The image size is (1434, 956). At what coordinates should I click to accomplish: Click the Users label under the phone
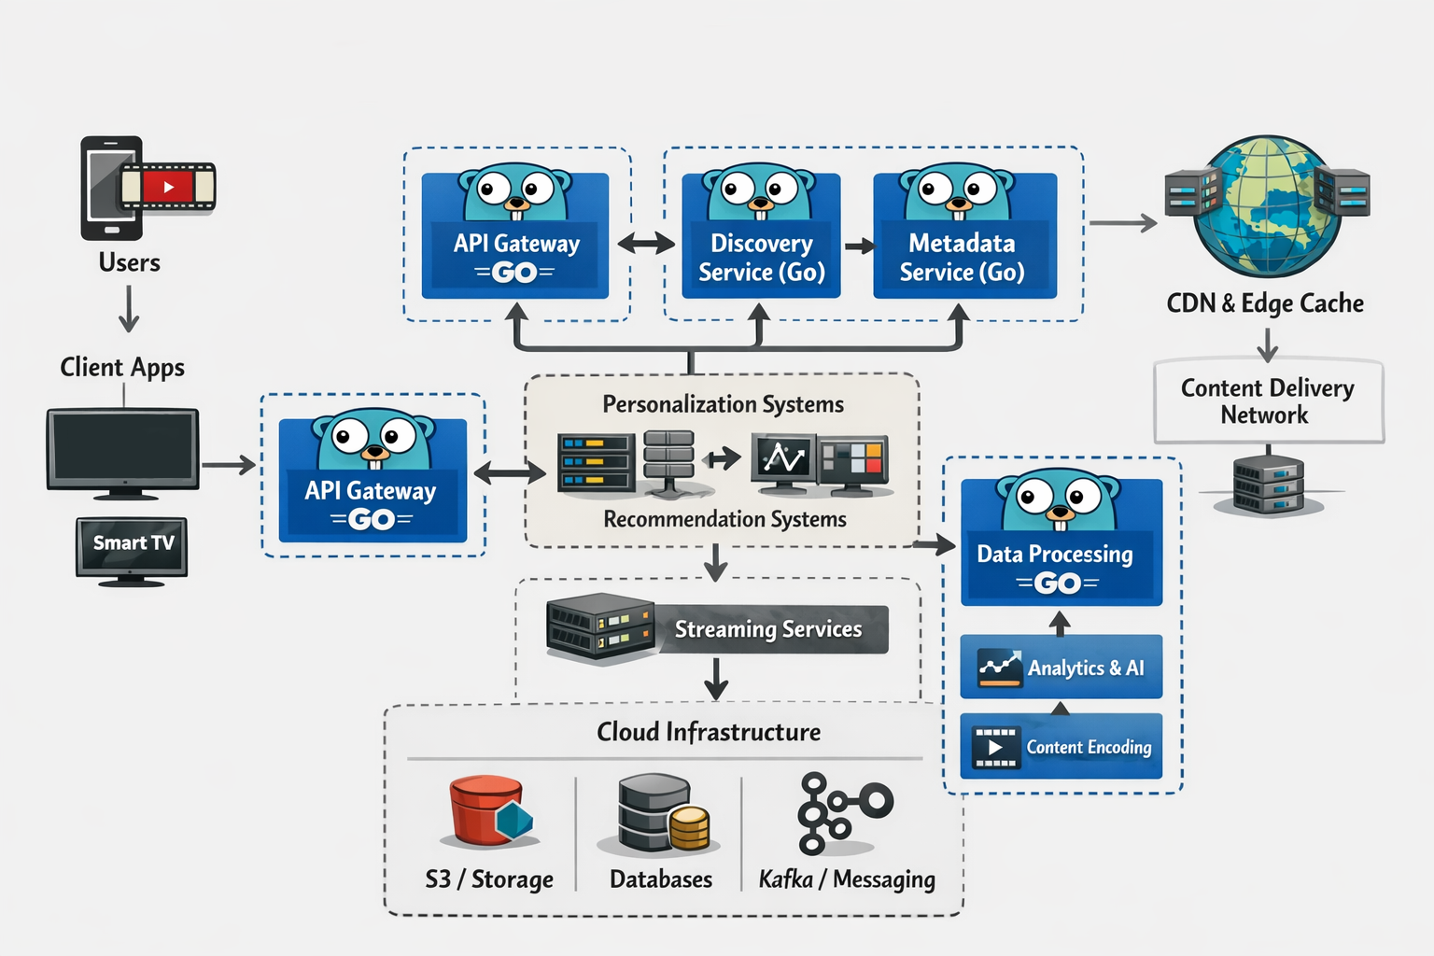point(129,262)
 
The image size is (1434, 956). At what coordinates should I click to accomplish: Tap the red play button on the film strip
point(168,187)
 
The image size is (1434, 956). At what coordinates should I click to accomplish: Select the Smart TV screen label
point(133,543)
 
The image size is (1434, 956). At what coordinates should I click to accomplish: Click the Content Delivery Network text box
point(1268,401)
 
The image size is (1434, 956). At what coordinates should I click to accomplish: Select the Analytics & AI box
point(1061,668)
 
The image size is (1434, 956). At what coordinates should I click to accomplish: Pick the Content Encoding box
point(1061,747)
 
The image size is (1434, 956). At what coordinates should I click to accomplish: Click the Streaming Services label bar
point(767,629)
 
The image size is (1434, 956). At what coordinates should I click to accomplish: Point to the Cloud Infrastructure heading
point(709,732)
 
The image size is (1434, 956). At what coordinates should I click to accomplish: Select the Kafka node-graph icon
point(840,812)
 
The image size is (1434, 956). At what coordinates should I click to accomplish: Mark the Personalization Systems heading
point(723,404)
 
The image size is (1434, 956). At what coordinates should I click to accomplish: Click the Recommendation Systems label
point(724,519)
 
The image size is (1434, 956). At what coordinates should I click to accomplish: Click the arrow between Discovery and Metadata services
point(859,246)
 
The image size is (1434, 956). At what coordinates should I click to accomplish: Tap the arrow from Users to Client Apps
point(129,309)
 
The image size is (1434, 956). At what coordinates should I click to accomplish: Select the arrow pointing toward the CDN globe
point(1122,223)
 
